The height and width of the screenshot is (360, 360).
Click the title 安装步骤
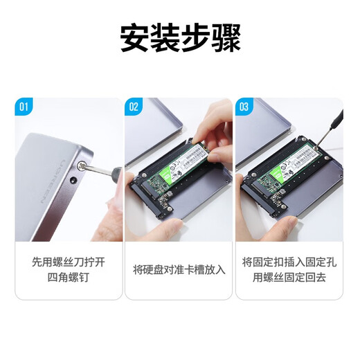(x=180, y=38)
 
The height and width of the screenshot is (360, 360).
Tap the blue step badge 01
(x=24, y=107)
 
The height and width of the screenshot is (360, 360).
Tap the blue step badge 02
(x=134, y=107)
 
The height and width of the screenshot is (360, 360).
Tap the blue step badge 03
(x=244, y=107)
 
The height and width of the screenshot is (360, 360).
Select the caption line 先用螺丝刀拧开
(x=69, y=262)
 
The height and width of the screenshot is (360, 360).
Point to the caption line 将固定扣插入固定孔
(x=290, y=262)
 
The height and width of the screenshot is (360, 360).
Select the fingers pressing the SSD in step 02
(x=215, y=128)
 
